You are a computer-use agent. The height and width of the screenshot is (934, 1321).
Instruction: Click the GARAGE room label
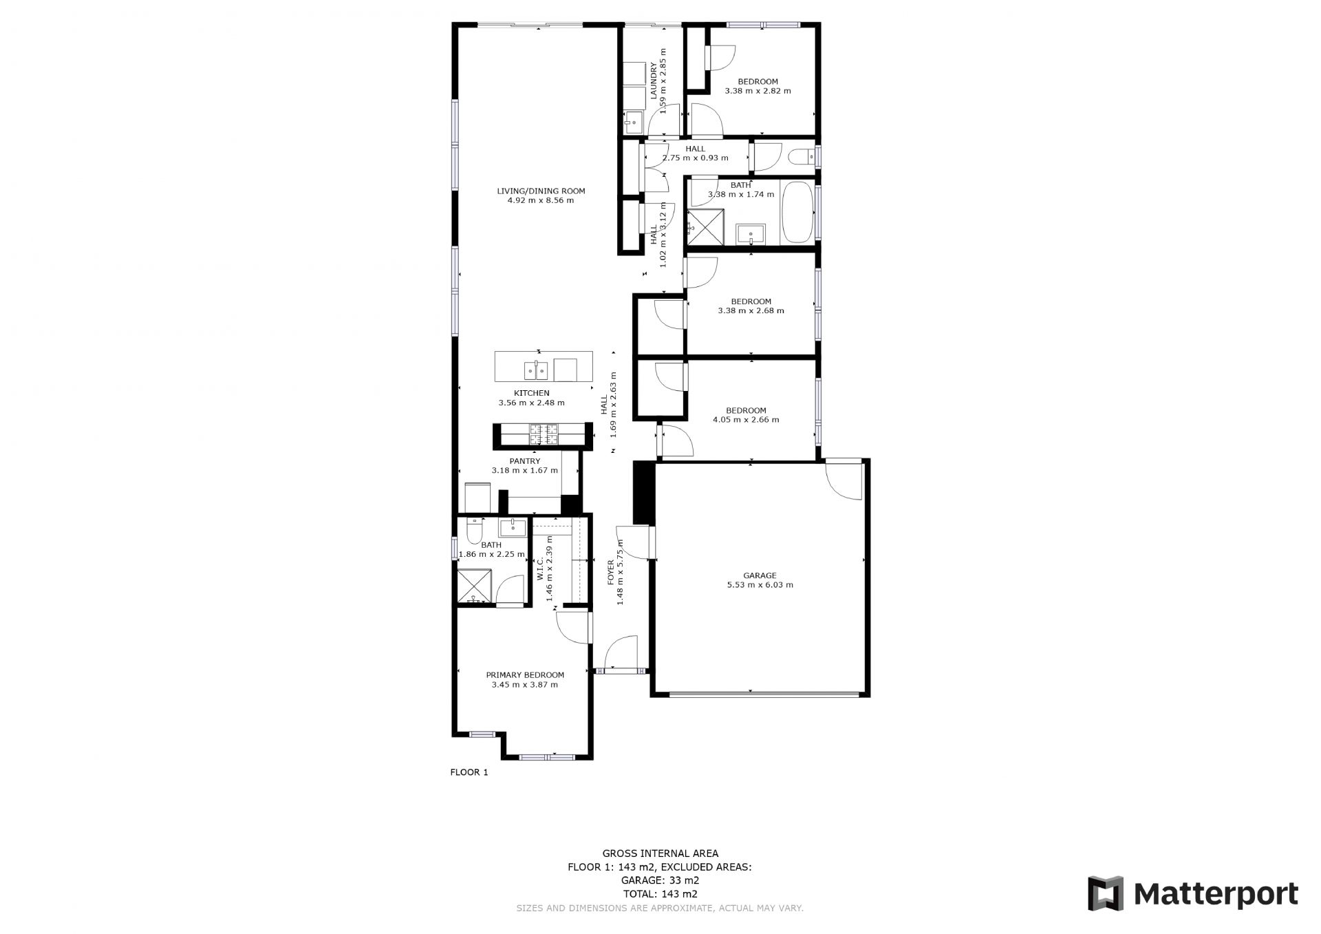point(760,575)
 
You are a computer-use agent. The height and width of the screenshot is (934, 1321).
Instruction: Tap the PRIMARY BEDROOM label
point(525,675)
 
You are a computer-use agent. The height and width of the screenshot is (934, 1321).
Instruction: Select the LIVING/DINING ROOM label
point(541,191)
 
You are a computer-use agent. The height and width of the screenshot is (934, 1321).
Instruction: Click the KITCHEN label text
point(531,394)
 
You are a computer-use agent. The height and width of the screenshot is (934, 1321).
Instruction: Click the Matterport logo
point(1192,893)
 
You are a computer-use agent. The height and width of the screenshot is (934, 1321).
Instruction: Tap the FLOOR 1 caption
point(469,772)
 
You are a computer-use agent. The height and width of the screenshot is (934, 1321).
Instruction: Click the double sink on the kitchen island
point(536,370)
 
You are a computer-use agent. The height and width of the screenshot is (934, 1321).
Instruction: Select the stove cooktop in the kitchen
point(544,434)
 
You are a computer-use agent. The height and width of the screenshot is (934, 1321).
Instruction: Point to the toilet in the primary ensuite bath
point(474,530)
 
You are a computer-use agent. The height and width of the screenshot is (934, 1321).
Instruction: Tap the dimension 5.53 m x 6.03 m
point(760,585)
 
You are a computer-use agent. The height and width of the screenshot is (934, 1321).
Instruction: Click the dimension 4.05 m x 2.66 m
point(746,420)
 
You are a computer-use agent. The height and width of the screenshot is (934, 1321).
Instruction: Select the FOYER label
point(610,573)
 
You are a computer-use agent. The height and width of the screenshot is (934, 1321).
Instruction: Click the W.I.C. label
point(540,569)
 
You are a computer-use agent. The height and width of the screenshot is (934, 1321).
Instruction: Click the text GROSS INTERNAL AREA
point(660,854)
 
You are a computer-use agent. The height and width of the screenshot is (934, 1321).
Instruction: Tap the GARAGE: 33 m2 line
point(660,880)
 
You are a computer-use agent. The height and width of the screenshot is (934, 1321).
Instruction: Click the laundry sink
point(632,124)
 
